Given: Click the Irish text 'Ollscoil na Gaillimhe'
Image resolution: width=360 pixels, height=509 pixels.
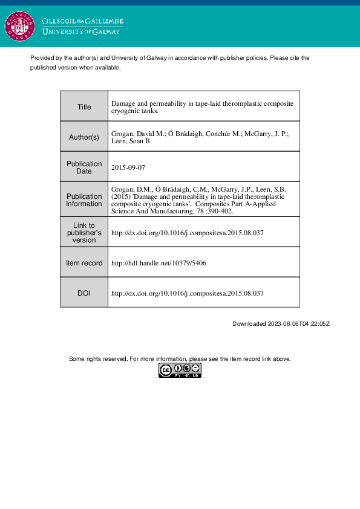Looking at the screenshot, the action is [83, 22].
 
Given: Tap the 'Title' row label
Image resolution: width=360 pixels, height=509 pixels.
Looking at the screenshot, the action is [84, 107].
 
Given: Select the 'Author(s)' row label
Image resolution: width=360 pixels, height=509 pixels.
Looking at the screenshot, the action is [84, 137].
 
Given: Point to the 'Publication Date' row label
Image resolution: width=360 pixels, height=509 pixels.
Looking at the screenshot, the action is [84, 167].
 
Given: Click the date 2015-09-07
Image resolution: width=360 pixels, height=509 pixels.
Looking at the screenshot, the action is [128, 166].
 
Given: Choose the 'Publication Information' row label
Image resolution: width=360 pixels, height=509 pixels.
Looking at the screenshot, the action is [84, 200].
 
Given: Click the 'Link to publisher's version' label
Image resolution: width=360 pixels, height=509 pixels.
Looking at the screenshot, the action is [84, 233].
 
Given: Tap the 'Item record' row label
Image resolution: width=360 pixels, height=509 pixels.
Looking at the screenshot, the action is [84, 263].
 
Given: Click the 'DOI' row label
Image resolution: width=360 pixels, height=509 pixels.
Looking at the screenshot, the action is [84, 293].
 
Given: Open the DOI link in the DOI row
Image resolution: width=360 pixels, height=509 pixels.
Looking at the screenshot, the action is [188, 293].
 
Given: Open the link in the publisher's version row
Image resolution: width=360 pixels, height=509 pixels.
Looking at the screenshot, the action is [188, 233].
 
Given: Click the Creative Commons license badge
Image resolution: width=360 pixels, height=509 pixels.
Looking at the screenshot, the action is [180, 371].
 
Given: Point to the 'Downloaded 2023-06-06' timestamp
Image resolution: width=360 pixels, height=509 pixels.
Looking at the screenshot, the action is [281, 324].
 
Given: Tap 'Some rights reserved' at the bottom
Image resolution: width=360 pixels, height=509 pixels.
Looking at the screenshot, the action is [98, 359].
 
